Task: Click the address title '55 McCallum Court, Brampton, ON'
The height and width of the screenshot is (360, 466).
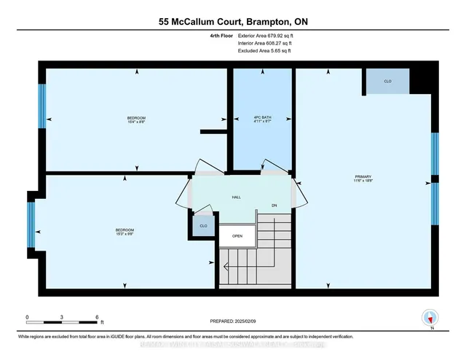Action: click(x=232, y=22)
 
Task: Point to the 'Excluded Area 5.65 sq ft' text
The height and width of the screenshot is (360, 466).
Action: click(x=264, y=51)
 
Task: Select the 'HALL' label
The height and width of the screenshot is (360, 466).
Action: click(x=236, y=197)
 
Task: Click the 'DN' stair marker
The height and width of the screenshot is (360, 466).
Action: click(x=275, y=206)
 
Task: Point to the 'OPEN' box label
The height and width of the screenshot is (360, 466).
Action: click(x=237, y=236)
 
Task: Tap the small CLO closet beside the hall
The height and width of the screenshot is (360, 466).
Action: click(x=203, y=227)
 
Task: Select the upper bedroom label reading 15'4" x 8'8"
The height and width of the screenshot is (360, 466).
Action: click(x=136, y=120)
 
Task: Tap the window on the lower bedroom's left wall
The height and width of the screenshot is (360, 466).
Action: click(x=31, y=224)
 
